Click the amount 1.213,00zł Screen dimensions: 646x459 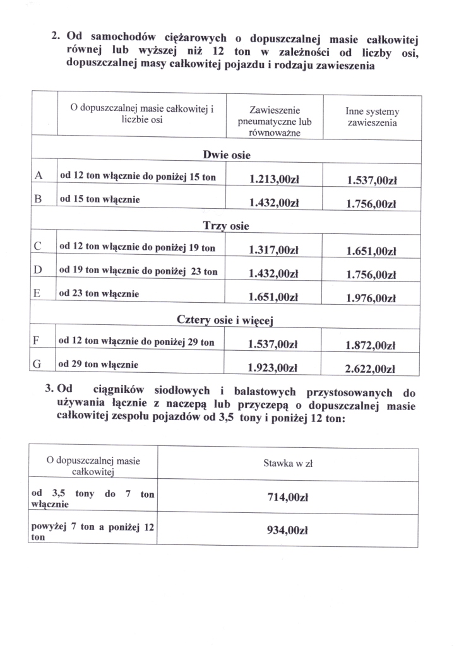pos(273,180)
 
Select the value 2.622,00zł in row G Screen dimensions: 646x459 pos(371,370)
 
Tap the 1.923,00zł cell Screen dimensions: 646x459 pos(273,367)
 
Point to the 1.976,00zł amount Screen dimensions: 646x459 pos(371,299)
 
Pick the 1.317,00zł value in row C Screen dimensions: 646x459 pos(273,250)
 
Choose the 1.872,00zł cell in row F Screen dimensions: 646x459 pos(371,346)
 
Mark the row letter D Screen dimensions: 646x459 pos(40,271)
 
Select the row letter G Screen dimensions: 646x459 pos(40,365)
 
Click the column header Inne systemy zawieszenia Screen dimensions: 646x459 pos(372,117)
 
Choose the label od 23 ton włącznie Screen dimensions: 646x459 pos(100,294)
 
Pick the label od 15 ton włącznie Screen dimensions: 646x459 pos(100,200)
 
